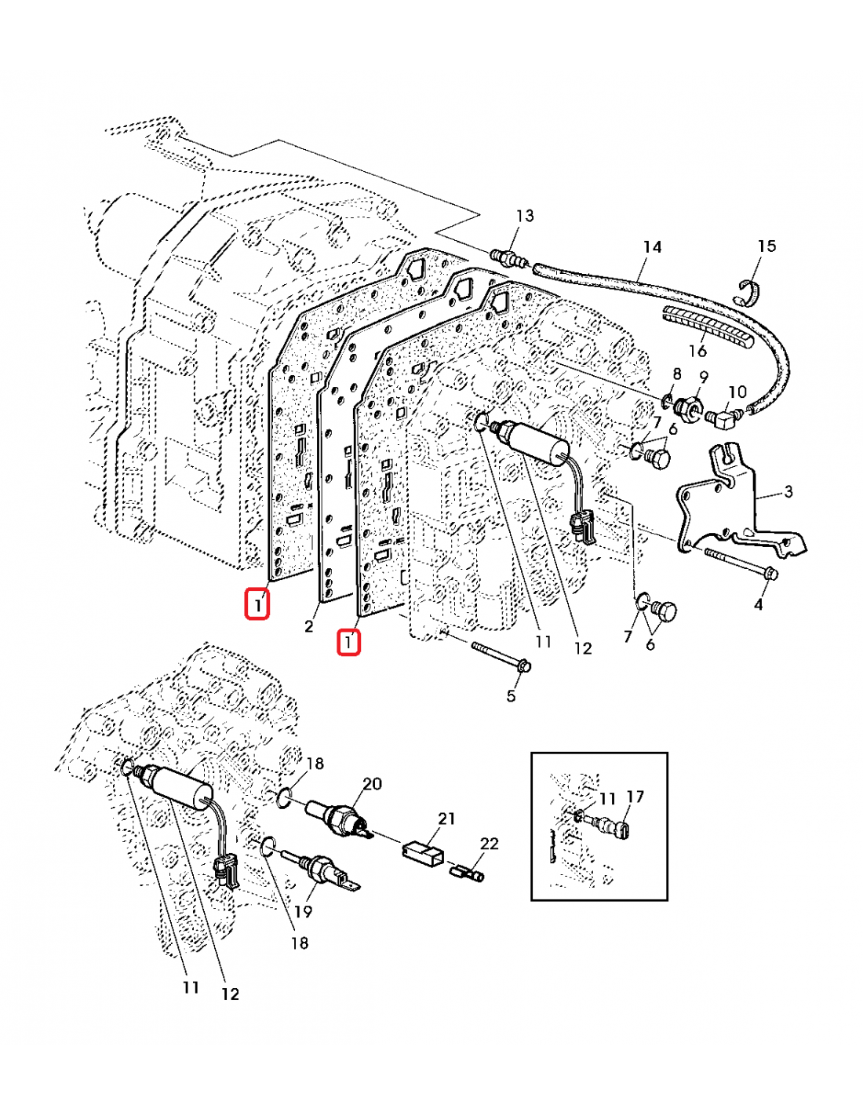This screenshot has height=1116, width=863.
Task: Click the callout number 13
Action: pyautogui.click(x=525, y=215)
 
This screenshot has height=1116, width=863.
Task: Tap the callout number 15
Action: pyautogui.click(x=766, y=246)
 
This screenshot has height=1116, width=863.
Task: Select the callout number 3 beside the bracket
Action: pyautogui.click(x=788, y=491)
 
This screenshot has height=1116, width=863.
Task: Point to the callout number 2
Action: pyautogui.click(x=309, y=625)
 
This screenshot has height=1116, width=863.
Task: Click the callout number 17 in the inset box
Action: pyautogui.click(x=635, y=797)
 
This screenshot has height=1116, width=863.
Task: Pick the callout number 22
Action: pyautogui.click(x=489, y=844)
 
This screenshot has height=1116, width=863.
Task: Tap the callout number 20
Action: pyautogui.click(x=372, y=783)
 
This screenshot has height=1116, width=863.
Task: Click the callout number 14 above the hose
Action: pyautogui.click(x=652, y=247)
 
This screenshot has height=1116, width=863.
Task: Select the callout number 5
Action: pyautogui.click(x=511, y=695)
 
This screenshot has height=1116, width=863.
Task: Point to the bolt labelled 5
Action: pyautogui.click(x=501, y=657)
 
